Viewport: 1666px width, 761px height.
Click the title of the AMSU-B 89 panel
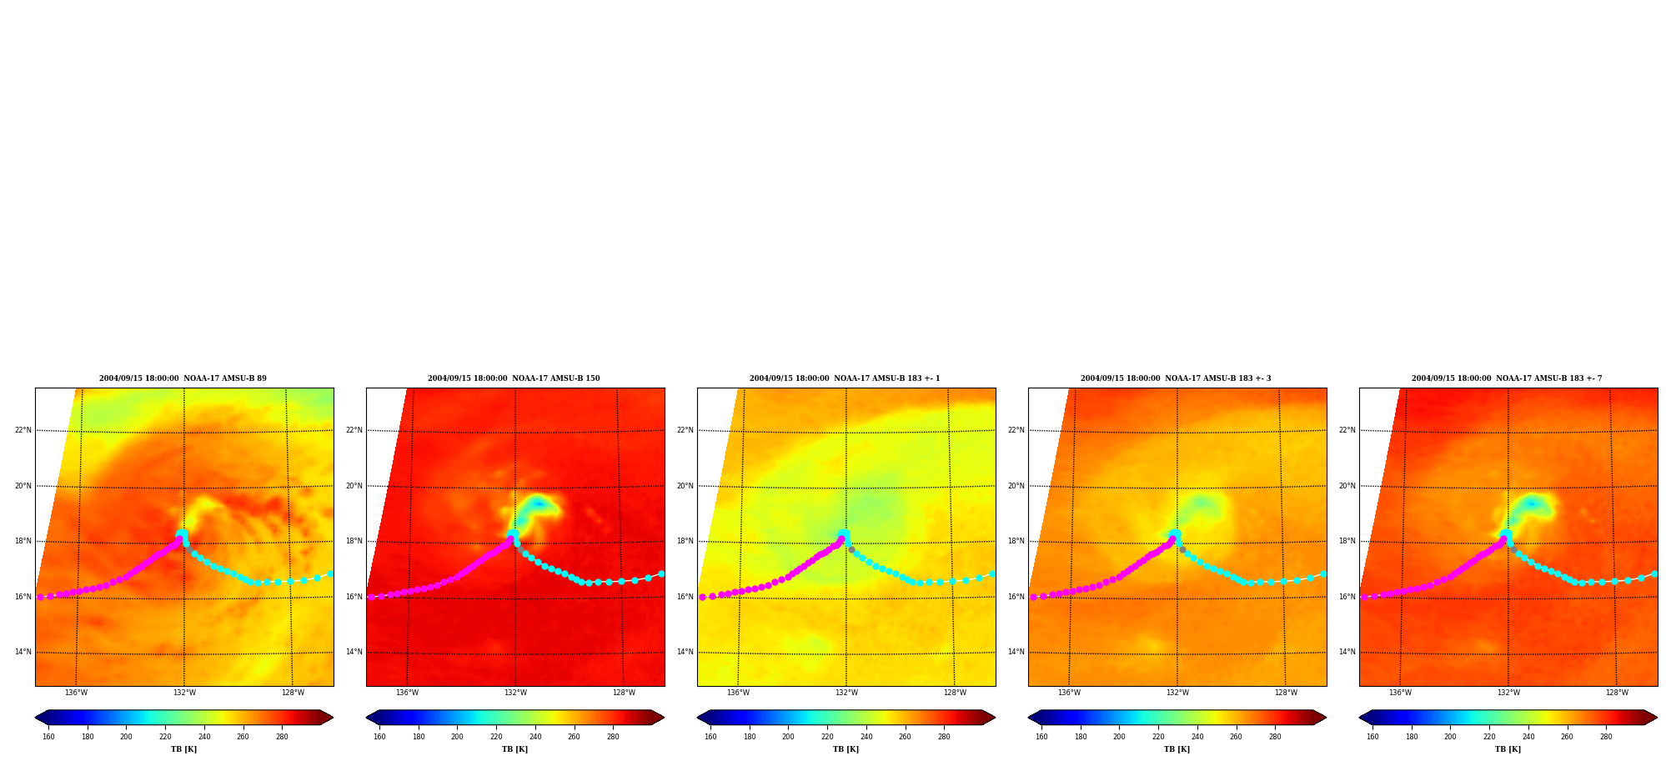[x=183, y=378]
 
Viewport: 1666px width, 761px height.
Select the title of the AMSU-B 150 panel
[x=514, y=378]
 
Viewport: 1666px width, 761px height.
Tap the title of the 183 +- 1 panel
[x=845, y=378]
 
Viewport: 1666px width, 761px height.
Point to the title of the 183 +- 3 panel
[x=1176, y=378]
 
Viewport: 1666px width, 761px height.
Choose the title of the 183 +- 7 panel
[x=1507, y=378]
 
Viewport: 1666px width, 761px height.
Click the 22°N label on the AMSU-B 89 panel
[x=23, y=430]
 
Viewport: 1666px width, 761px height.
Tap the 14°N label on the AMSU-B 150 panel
[x=354, y=652]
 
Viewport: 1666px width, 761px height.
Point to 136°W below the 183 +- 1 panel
[x=738, y=693]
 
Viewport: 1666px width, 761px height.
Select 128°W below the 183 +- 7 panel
[x=1617, y=693]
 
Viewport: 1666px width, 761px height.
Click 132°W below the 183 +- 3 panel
[x=1177, y=693]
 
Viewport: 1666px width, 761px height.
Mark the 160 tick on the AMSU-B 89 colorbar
[x=48, y=737]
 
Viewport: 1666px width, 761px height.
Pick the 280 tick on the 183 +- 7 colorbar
[x=1606, y=737]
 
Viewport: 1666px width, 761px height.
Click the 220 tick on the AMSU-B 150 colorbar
[x=496, y=737]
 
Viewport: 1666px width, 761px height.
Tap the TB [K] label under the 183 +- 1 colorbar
[x=846, y=749]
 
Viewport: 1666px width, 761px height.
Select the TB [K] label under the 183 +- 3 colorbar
[x=1177, y=749]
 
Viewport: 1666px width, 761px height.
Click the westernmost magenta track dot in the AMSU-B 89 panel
[x=40, y=597]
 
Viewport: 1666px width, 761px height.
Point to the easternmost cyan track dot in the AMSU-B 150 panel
[x=661, y=573]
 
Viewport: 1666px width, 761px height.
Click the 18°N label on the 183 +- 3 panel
[x=1016, y=541]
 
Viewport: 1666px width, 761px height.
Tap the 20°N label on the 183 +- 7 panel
[x=1347, y=486]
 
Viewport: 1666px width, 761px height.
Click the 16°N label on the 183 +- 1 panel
[x=685, y=597]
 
